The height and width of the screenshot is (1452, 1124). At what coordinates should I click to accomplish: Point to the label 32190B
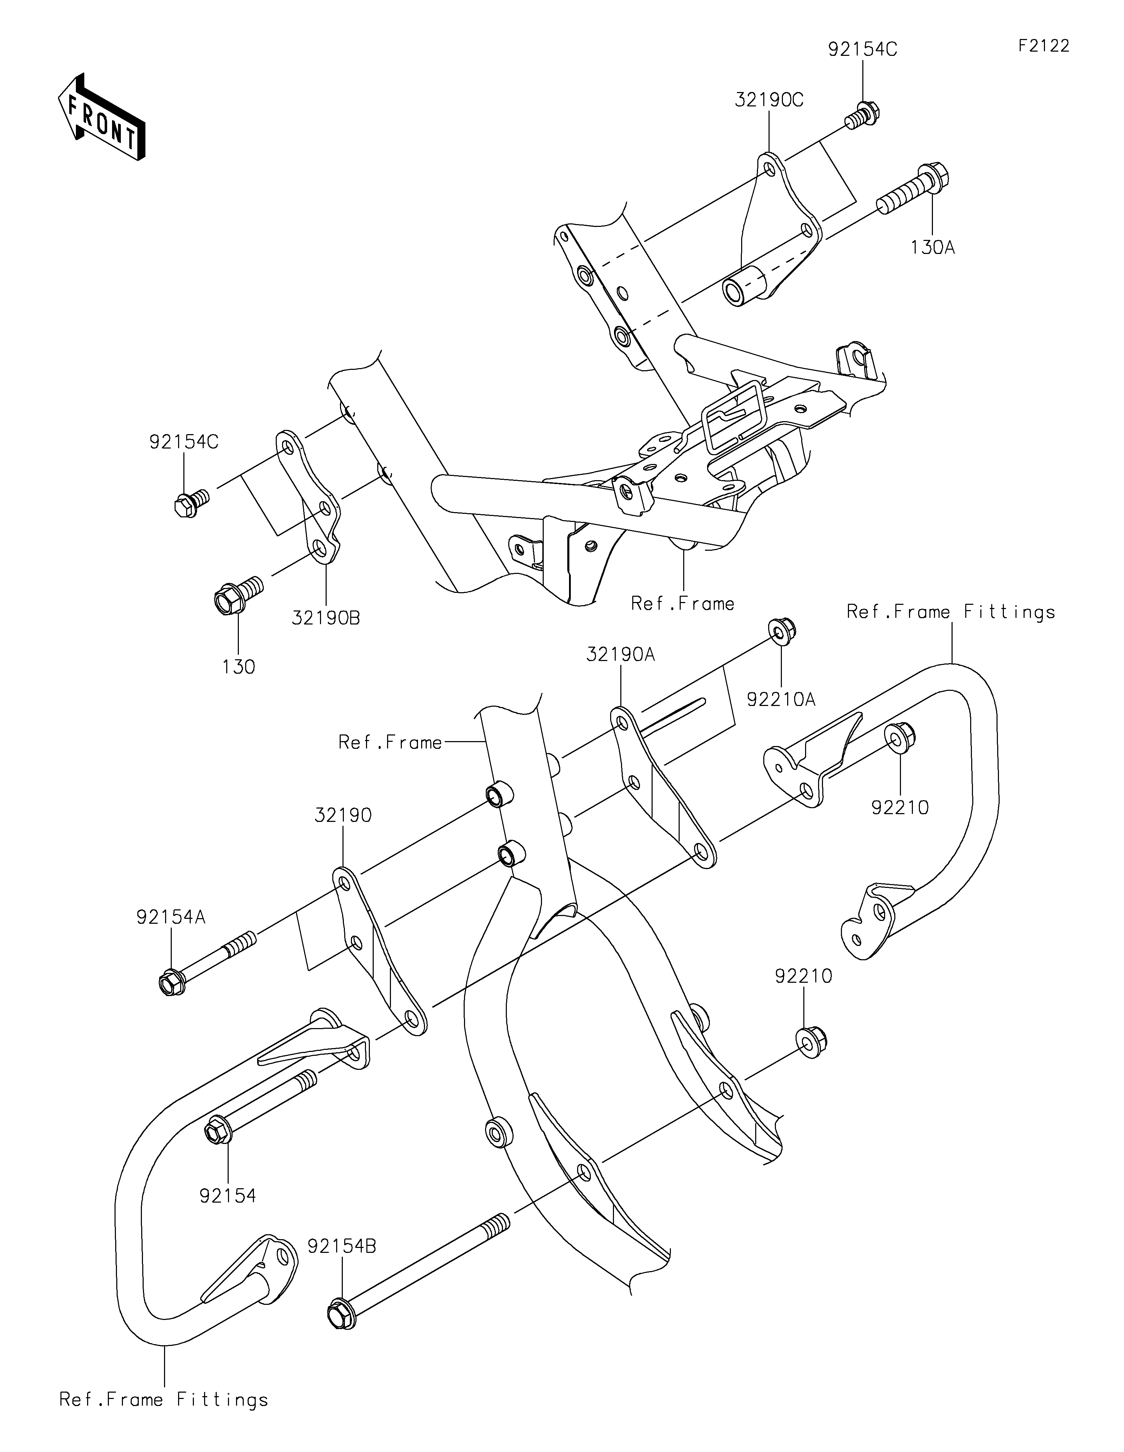[x=326, y=618]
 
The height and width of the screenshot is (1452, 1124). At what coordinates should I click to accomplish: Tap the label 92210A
[x=781, y=699]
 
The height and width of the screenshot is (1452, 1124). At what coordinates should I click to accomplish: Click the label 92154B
[x=342, y=1247]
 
